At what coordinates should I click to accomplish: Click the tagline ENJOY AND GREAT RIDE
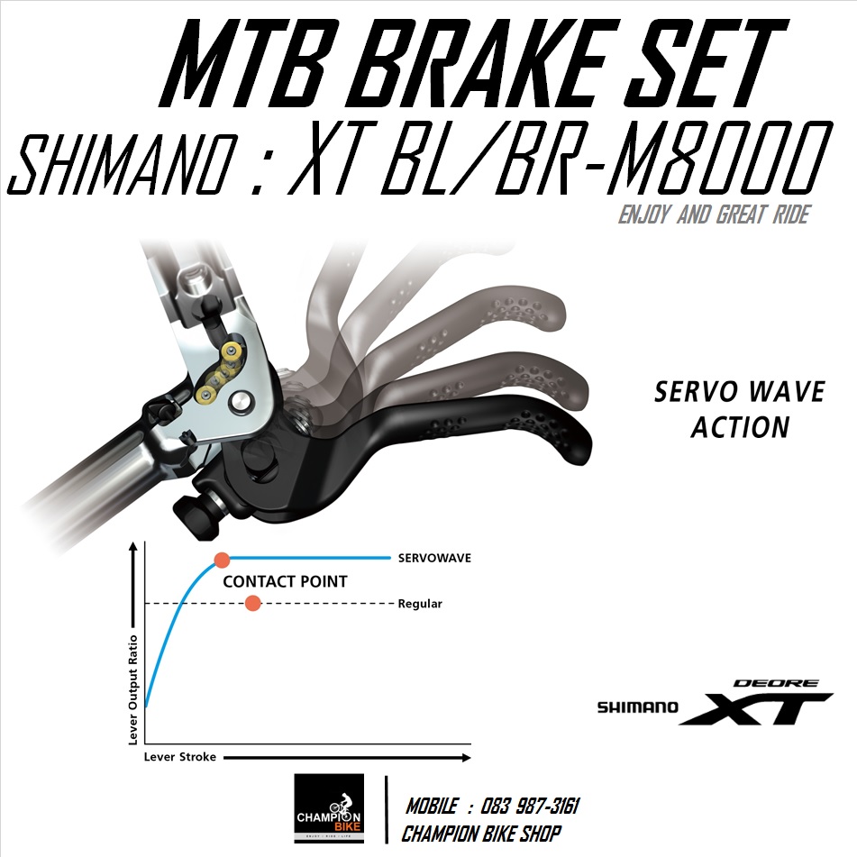pyautogui.click(x=713, y=216)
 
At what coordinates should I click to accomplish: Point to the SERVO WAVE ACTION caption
pyautogui.click(x=739, y=409)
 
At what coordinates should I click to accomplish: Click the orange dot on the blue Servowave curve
pyautogui.click(x=222, y=560)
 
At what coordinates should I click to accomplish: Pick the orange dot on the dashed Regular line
pyautogui.click(x=253, y=603)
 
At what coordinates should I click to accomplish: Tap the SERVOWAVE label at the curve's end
pyautogui.click(x=434, y=559)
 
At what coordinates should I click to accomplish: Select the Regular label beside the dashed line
pyautogui.click(x=420, y=604)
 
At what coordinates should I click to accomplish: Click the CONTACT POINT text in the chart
pyautogui.click(x=285, y=581)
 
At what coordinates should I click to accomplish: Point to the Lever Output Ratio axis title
pyautogui.click(x=133, y=685)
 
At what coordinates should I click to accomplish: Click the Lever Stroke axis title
pyautogui.click(x=180, y=757)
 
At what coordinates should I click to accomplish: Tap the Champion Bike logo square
pyautogui.click(x=330, y=808)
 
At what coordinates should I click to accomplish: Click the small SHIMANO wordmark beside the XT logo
pyautogui.click(x=638, y=708)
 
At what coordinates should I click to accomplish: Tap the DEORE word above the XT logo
pyautogui.click(x=776, y=683)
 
